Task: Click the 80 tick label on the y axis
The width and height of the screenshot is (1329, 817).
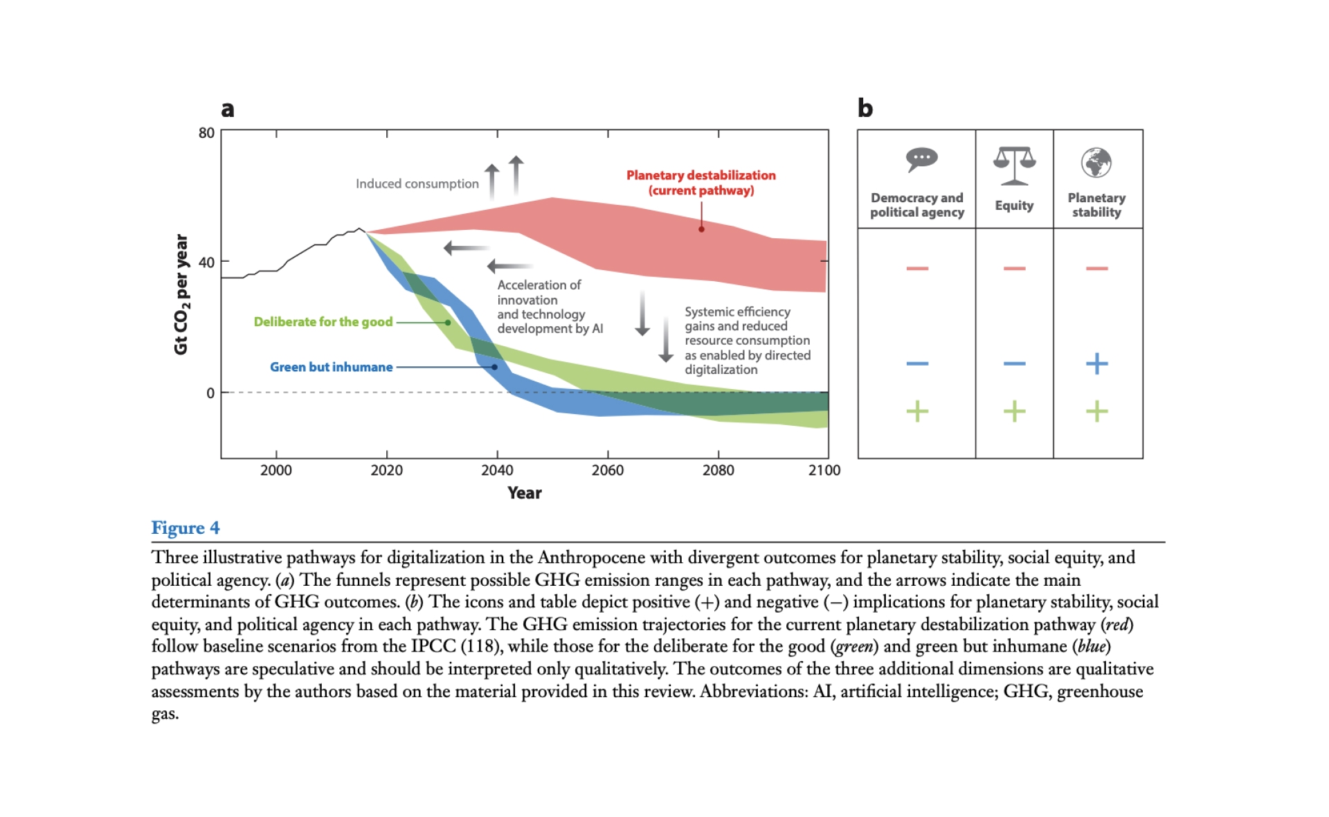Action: pos(206,133)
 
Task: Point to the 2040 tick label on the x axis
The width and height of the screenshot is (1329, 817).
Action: pos(497,470)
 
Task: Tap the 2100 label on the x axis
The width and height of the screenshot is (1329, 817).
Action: pos(824,470)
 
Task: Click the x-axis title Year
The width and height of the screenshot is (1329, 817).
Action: pos(524,493)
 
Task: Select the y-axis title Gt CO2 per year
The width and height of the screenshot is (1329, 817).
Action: pos(181,294)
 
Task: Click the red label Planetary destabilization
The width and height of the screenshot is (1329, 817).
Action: pos(700,176)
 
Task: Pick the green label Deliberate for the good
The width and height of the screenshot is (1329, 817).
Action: pos(323,322)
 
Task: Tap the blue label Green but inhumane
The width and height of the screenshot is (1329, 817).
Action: pos(331,367)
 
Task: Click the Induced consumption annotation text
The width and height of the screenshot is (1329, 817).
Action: pos(417,183)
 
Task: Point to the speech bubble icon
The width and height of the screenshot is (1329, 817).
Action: pos(921,160)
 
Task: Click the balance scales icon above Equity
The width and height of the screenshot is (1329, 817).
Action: pos(1014,165)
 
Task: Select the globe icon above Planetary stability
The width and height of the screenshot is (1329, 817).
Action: pos(1096,163)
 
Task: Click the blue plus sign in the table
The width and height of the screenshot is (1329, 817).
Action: pos(1096,363)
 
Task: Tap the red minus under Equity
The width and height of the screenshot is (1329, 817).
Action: pos(1014,268)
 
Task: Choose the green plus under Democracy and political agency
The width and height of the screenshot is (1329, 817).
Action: pos(917,411)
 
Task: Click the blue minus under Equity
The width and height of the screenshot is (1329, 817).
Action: pos(1014,363)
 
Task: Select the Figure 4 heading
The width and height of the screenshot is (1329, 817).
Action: pos(186,528)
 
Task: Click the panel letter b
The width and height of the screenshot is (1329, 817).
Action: pos(865,108)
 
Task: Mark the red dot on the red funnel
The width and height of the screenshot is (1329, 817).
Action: pos(701,229)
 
